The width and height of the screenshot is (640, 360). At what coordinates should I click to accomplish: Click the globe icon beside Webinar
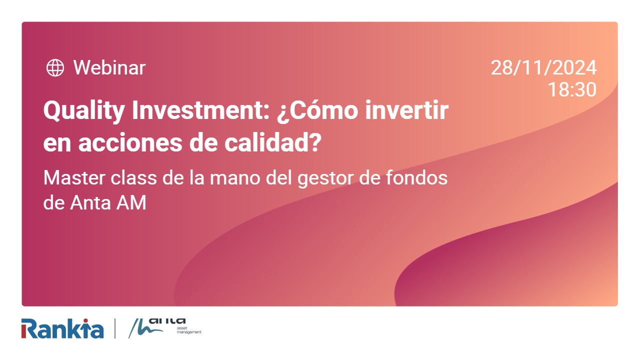pos(55,67)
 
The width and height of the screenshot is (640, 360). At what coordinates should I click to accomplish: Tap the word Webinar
pos(109,67)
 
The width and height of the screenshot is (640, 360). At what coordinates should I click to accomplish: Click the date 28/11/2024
pos(543,67)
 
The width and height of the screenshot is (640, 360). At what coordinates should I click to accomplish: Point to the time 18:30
pos(572,90)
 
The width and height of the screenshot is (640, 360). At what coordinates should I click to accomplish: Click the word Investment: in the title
pos(199,110)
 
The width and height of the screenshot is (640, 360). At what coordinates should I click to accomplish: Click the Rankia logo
pos(62,328)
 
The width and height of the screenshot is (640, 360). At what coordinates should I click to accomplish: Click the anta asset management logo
pos(165,327)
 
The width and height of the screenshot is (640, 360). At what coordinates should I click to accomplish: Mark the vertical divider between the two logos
pos(115,328)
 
